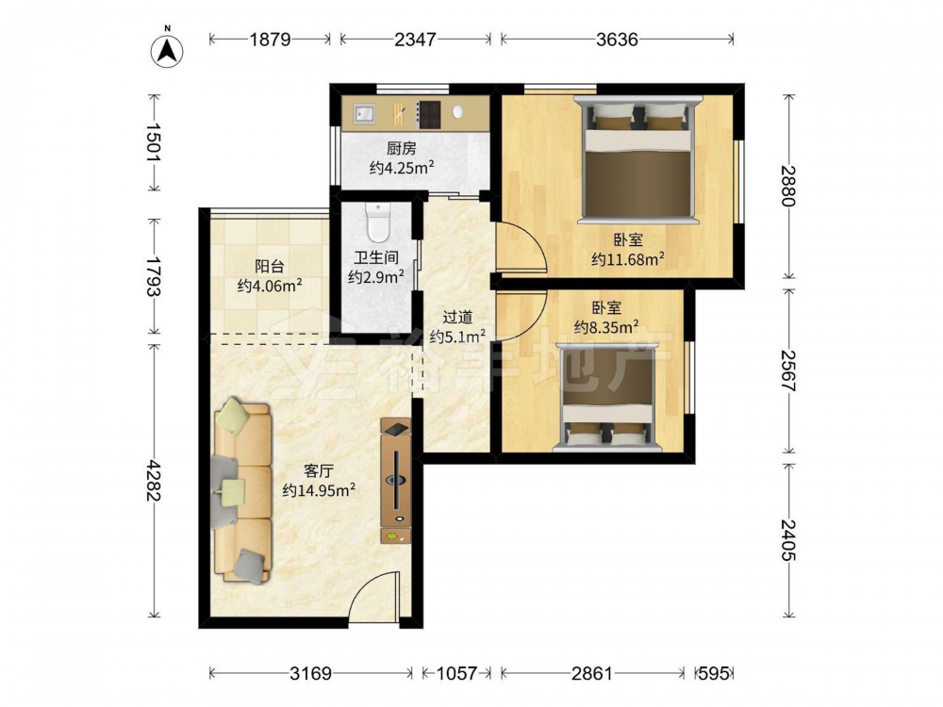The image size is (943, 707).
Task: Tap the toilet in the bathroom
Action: click(x=378, y=222)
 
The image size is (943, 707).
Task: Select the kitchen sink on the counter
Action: click(x=363, y=113)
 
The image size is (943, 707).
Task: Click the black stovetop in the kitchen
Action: click(x=429, y=114)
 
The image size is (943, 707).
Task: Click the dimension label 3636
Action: click(x=617, y=40)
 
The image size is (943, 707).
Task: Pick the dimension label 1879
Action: click(x=270, y=40)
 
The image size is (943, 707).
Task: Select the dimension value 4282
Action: click(x=154, y=481)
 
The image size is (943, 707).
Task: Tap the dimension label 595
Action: click(x=714, y=673)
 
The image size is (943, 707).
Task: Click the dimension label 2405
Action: click(x=787, y=540)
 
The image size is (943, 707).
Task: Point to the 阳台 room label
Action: click(x=270, y=267)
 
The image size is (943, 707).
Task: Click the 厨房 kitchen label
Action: click(x=401, y=148)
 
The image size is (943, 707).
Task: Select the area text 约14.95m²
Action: click(x=319, y=490)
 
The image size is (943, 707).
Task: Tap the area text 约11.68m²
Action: click(x=628, y=260)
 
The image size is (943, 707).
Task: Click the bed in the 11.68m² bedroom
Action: click(x=638, y=159)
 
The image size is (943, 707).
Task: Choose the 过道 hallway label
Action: click(x=457, y=317)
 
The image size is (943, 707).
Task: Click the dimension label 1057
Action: click(x=456, y=673)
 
